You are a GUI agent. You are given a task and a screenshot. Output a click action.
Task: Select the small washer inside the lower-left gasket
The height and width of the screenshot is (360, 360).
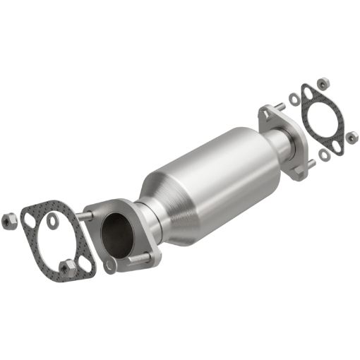[x=54, y=222]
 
